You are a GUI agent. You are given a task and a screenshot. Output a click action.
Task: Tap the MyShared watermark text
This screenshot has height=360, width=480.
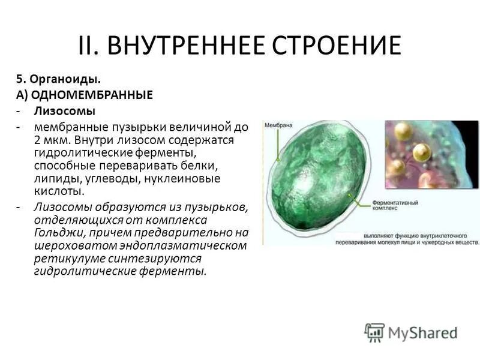click(423, 334)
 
